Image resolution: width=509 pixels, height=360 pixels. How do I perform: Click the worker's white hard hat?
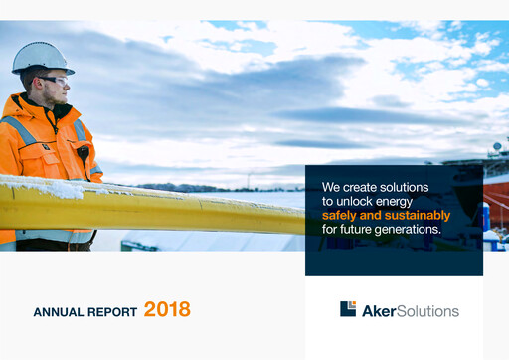42,56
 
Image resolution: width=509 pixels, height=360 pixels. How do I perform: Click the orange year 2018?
167,309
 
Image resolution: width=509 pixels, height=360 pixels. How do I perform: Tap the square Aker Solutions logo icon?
348,309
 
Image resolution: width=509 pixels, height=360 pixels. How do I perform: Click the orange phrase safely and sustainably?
386,215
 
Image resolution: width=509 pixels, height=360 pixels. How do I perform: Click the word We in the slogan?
331,187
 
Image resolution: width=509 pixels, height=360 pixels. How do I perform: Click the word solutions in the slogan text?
403,187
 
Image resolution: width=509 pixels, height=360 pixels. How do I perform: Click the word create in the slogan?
361,187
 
